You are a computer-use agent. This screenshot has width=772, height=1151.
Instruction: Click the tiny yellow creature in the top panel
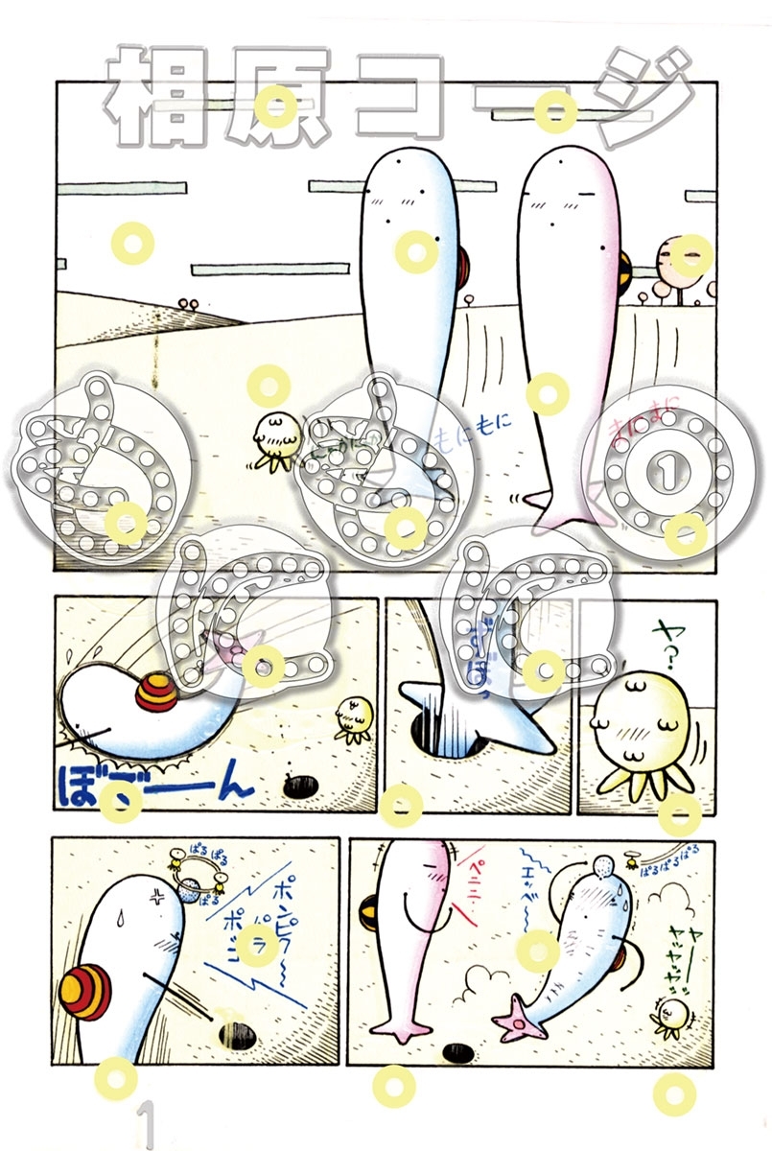point(277,437)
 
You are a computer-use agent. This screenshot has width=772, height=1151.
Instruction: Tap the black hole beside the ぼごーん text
point(304,787)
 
